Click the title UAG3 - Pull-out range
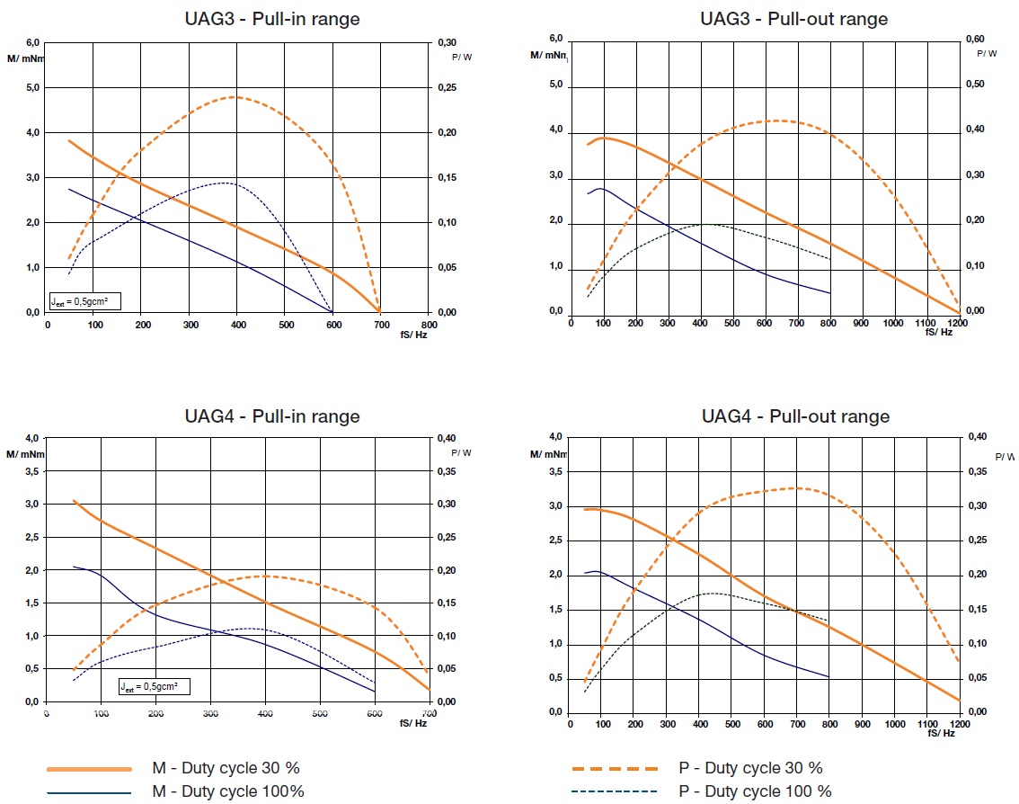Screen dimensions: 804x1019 (x=793, y=19)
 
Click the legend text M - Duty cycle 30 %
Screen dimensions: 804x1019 (x=226, y=768)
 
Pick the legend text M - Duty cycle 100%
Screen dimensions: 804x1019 (x=228, y=791)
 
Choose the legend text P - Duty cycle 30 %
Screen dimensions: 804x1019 (x=750, y=768)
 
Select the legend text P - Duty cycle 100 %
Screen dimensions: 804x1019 (x=755, y=791)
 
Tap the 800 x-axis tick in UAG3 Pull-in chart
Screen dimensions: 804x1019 (x=429, y=325)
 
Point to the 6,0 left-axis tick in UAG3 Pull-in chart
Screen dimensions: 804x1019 (x=32, y=43)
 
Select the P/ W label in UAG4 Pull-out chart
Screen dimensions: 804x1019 (x=1006, y=457)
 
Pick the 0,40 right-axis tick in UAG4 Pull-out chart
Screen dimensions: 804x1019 (x=976, y=437)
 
